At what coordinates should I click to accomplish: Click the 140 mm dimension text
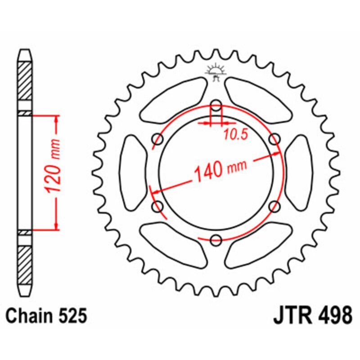(220, 170)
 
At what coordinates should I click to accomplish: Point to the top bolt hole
(216, 107)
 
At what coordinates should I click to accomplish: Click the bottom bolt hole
(216, 238)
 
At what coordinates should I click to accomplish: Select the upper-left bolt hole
(158, 139)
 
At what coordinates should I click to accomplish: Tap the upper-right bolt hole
(274, 139)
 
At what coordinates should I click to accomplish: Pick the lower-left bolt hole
(158, 206)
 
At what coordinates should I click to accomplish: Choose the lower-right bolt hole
(274, 206)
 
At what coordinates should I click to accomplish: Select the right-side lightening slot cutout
(299, 173)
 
